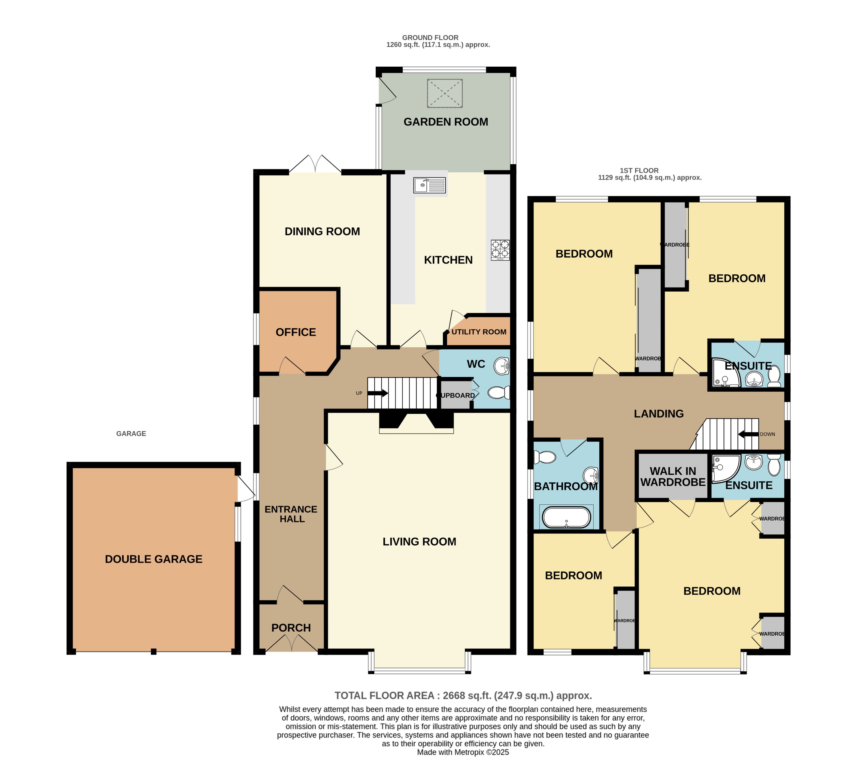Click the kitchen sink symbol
point(429,185)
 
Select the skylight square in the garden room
point(444,93)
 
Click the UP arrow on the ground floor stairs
point(377,393)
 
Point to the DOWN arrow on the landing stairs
point(748,434)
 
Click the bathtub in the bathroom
point(566,517)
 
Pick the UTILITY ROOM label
point(479,332)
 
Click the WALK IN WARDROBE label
point(673,477)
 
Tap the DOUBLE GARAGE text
point(153,559)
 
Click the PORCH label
point(291,628)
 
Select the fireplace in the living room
point(416,423)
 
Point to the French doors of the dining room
point(315,164)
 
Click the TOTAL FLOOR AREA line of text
point(463,695)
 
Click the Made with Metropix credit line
point(463,752)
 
